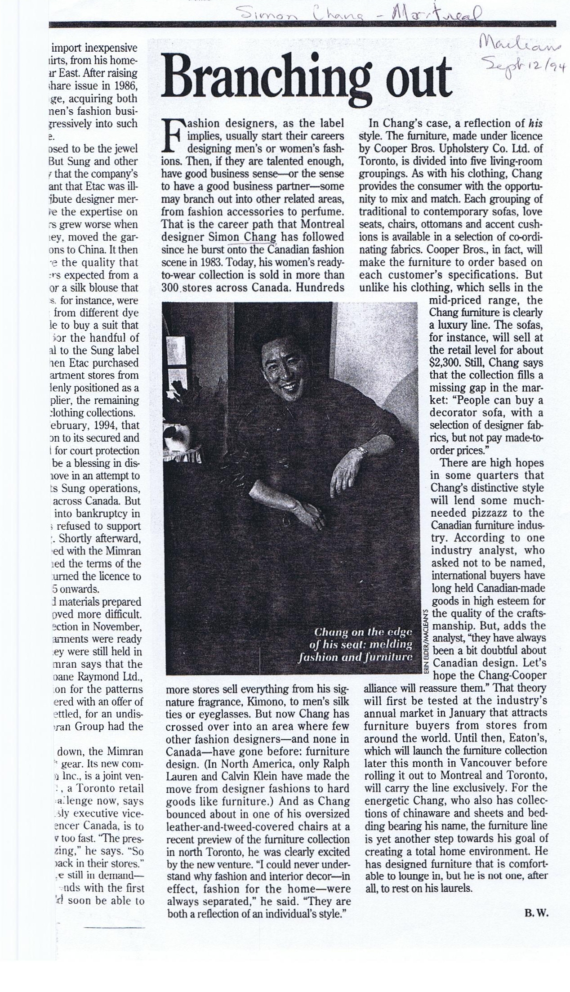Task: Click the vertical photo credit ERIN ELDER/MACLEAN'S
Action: (x=425, y=640)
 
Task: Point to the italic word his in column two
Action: (x=534, y=124)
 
